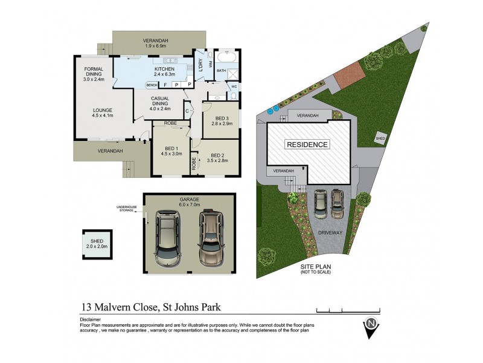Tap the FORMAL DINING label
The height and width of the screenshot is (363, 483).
point(94,73)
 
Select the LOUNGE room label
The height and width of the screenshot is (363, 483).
point(103,112)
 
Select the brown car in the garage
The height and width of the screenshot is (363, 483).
point(210,238)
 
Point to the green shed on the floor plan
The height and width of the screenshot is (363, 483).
point(97,244)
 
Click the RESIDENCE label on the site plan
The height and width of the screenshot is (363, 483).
point(307,145)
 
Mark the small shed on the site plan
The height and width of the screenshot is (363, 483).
point(381,137)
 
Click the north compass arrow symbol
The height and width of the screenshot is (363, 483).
point(370,328)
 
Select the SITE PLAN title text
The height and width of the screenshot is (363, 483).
point(316,267)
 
